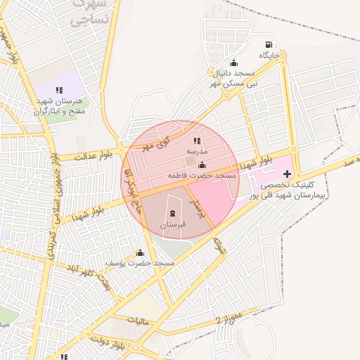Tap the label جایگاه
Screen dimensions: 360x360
click(269, 54)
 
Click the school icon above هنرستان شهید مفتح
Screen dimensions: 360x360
click(60, 90)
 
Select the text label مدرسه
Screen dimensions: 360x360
click(196, 151)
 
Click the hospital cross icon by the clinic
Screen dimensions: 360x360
click(287, 172)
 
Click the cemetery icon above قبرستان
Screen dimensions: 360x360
click(173, 213)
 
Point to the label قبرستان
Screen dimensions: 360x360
click(173, 224)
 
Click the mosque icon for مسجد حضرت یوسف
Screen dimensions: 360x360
click(139, 252)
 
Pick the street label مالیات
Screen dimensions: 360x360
click(139, 321)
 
